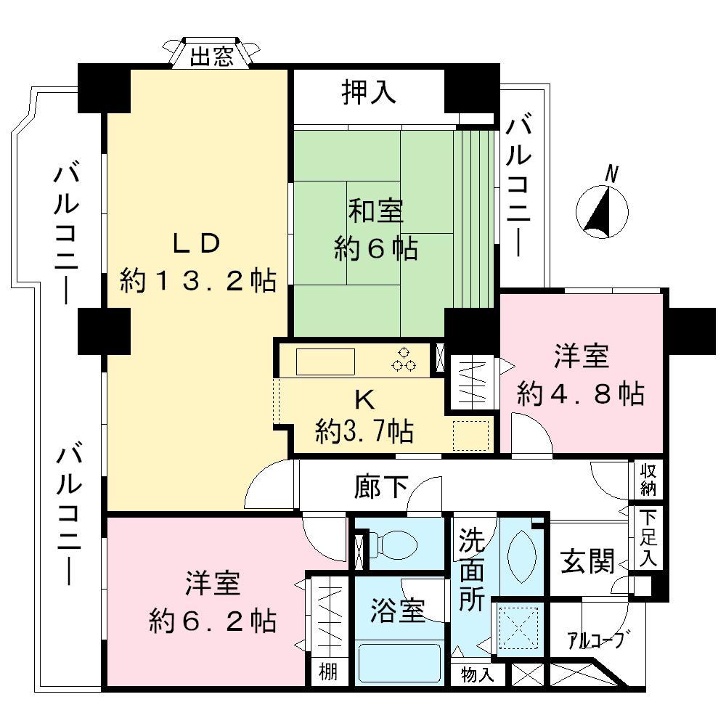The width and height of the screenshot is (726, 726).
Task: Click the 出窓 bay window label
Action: point(212,57)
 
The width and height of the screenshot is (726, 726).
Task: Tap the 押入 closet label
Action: point(369,92)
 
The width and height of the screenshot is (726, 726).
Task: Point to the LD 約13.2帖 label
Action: point(197,261)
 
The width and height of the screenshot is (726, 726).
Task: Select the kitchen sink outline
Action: point(325,361)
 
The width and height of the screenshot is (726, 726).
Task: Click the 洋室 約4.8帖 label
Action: point(580,375)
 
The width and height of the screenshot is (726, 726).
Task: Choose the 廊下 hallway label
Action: point(381,487)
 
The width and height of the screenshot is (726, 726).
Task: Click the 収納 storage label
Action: point(648,480)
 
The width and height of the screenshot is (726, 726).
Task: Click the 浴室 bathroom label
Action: point(396,612)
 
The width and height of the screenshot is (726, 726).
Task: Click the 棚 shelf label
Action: point(328,672)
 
